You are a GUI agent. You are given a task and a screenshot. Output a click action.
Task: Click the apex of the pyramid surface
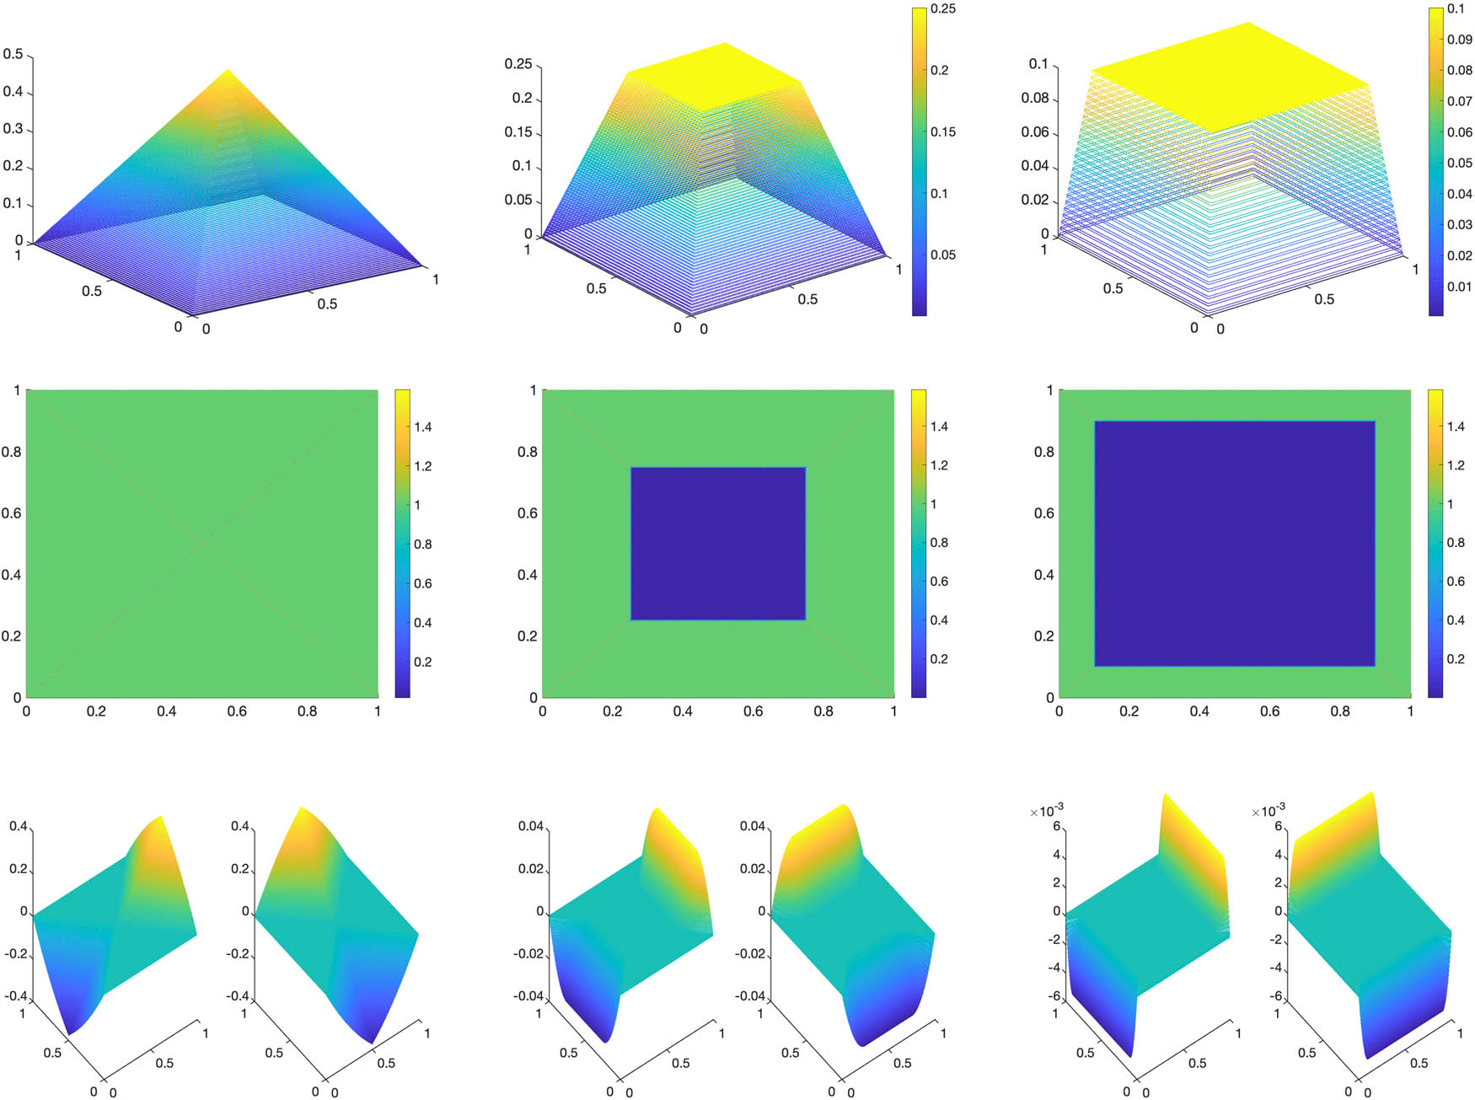pyautogui.click(x=228, y=70)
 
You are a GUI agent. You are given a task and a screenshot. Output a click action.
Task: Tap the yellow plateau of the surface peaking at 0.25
pyautogui.click(x=713, y=76)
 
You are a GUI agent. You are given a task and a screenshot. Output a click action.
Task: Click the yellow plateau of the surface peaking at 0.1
pyautogui.click(x=1231, y=77)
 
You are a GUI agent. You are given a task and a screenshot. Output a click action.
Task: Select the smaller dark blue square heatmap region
pyautogui.click(x=718, y=544)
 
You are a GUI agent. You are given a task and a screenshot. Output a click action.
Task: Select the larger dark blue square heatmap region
pyautogui.click(x=1235, y=544)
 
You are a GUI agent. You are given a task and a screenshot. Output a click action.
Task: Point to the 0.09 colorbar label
pyautogui.click(x=1459, y=40)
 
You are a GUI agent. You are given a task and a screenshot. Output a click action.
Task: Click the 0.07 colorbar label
pyautogui.click(x=1459, y=101)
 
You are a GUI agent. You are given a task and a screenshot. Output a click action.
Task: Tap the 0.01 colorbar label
pyautogui.click(x=1459, y=287)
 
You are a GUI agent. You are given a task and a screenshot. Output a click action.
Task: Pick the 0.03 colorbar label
pyautogui.click(x=1459, y=225)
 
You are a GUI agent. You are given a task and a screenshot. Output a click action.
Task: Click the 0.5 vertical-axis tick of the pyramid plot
pyautogui.click(x=13, y=55)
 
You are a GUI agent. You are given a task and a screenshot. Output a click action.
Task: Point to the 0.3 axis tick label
pyautogui.click(x=13, y=129)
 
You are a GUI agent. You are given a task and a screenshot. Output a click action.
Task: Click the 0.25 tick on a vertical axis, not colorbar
pyautogui.click(x=518, y=64)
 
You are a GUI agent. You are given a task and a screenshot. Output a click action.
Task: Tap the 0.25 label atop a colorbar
pyautogui.click(x=942, y=8)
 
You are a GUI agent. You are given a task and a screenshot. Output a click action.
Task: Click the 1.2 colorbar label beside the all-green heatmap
pyautogui.click(x=422, y=466)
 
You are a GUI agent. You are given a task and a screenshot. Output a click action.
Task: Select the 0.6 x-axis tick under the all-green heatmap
pyautogui.click(x=237, y=711)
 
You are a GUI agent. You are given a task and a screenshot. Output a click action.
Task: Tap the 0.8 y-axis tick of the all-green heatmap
pyautogui.click(x=11, y=452)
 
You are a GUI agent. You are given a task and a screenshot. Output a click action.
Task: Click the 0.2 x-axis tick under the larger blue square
pyautogui.click(x=1129, y=711)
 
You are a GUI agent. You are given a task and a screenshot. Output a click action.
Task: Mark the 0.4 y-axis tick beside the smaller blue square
pyautogui.click(x=527, y=575)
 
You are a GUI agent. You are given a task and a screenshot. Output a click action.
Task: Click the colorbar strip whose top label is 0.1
pyautogui.click(x=1435, y=160)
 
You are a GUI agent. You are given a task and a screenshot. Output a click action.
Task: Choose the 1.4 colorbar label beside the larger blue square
pyautogui.click(x=1456, y=427)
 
